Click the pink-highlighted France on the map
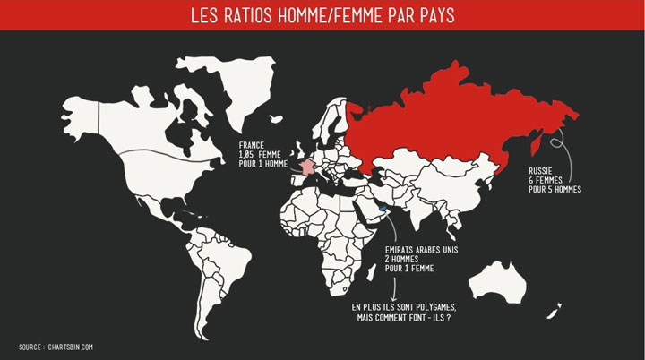(x=307, y=167)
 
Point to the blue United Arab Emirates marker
(x=383, y=208)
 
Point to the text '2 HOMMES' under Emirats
(x=402, y=260)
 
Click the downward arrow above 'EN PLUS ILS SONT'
(x=395, y=287)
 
